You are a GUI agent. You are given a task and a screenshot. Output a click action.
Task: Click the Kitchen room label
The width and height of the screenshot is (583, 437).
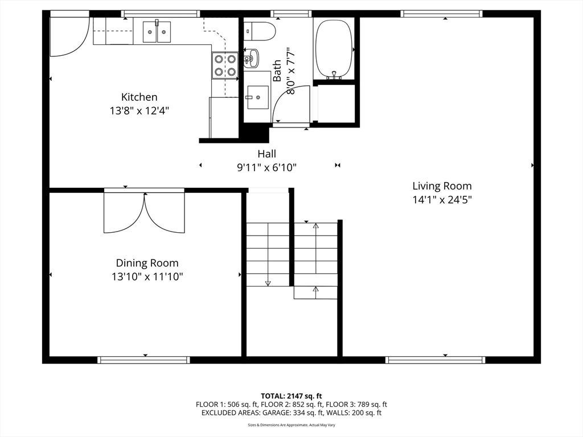tap(139, 97)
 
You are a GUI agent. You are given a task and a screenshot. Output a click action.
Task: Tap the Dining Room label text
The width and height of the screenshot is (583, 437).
tap(147, 263)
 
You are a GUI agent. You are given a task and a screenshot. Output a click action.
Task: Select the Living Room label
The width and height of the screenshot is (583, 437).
tap(442, 186)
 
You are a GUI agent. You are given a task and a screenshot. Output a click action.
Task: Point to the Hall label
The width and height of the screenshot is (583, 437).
tap(267, 154)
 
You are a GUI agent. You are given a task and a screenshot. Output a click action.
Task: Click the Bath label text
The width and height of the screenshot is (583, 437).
tap(277, 71)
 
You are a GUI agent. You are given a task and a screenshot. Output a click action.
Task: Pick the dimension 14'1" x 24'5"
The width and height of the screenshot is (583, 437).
tap(442, 200)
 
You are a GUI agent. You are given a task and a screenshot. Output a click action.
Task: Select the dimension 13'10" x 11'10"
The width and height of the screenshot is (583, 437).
tap(147, 277)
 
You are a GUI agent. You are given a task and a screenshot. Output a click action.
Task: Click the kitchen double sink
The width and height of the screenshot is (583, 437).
tap(157, 32)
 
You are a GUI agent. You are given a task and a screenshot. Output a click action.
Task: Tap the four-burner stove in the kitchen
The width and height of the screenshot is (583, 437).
tap(225, 65)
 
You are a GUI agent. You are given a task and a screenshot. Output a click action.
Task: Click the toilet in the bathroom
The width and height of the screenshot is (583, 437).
tap(260, 31)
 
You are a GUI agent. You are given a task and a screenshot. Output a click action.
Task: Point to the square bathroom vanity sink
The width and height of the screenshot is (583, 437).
tap(258, 98)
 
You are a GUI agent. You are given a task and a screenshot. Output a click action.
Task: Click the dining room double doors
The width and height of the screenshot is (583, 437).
tap(144, 213)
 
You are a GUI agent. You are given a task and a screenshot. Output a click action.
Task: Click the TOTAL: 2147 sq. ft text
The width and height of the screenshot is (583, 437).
tap(291, 396)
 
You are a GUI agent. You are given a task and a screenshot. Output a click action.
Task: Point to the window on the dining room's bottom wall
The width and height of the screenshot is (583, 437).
tap(143, 360)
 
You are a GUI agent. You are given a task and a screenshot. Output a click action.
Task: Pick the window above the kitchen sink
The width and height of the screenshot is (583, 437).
tap(161, 14)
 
